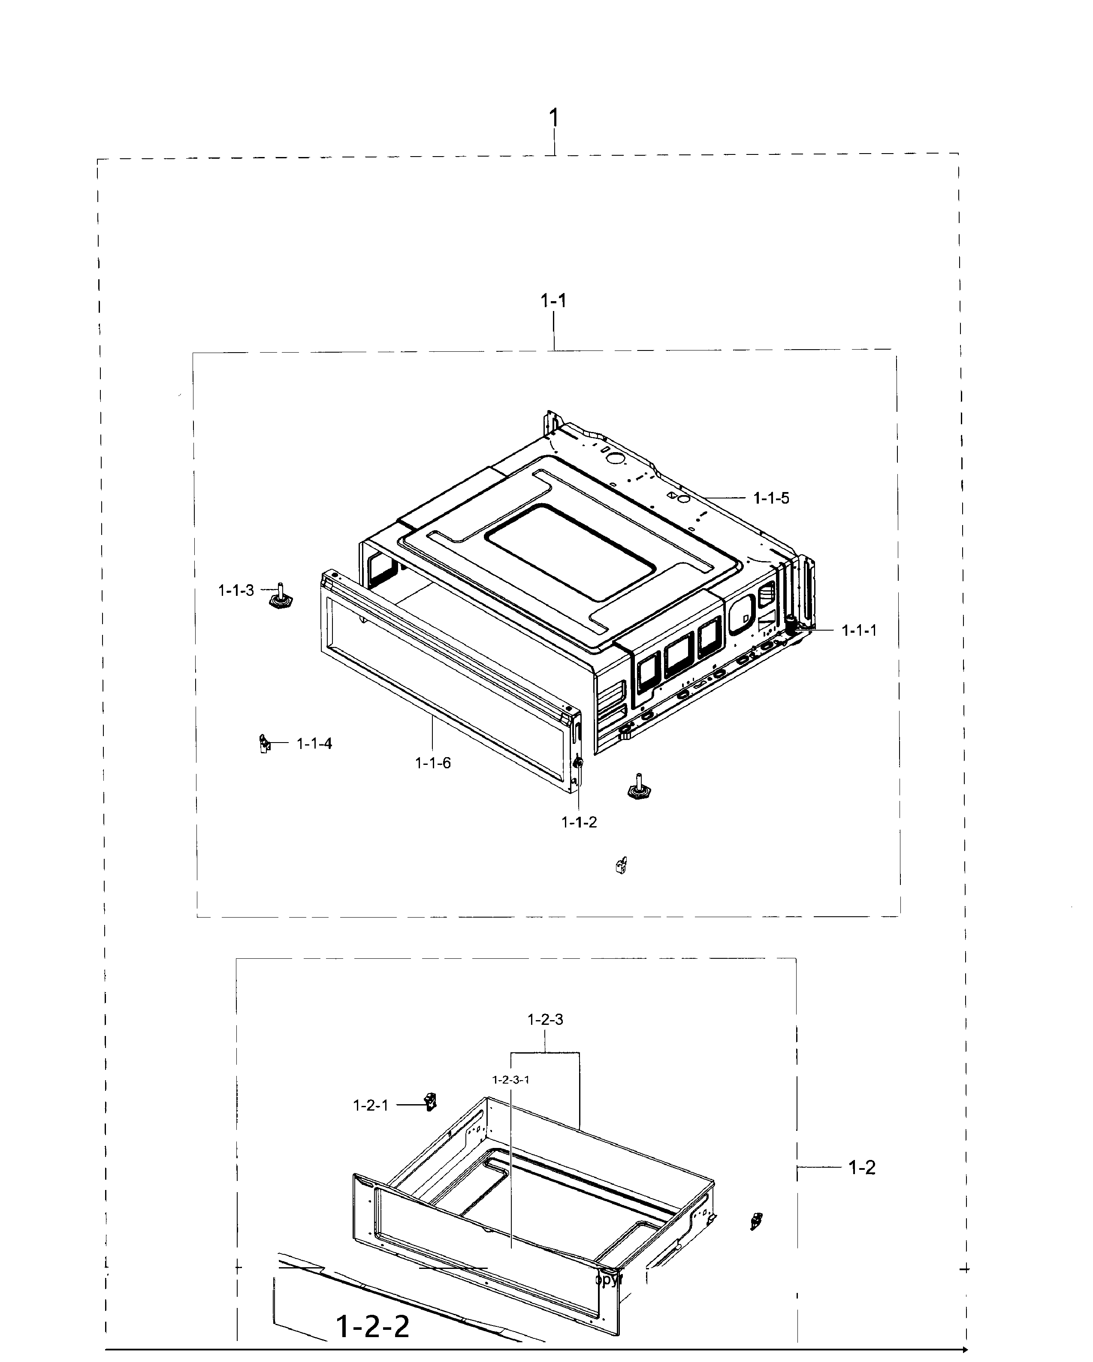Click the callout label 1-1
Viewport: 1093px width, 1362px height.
tap(553, 301)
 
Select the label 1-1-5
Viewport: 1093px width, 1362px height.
tap(771, 498)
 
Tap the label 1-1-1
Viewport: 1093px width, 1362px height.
tap(859, 631)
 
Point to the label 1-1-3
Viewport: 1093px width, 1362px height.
tap(236, 591)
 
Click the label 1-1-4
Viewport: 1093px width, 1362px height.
tap(314, 743)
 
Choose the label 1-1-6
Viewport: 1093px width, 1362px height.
tap(433, 763)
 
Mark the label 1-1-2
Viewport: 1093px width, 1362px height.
tap(579, 822)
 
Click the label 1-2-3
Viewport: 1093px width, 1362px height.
tap(545, 1020)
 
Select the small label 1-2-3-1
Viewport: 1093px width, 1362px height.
tap(510, 1080)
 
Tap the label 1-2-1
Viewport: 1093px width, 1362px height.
tap(370, 1105)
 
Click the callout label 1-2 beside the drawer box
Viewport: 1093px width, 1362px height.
tap(862, 1167)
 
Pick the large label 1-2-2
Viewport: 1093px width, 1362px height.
tap(373, 1327)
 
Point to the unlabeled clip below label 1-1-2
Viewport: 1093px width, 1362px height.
tap(621, 866)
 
